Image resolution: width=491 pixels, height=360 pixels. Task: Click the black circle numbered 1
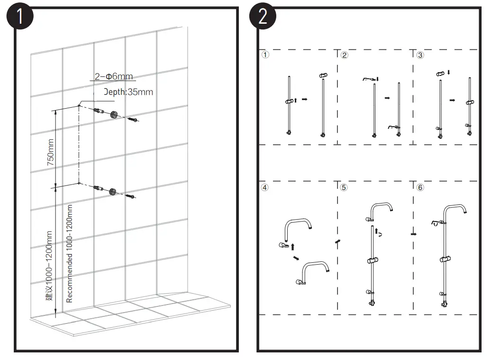click(x=19, y=17)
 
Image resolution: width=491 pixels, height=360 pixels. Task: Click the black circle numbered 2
click(x=263, y=17)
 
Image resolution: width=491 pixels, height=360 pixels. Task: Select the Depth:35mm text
click(x=129, y=92)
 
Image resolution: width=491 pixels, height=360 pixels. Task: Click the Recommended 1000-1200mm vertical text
click(x=70, y=253)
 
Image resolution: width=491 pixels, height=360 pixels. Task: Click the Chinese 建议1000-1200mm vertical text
click(x=49, y=266)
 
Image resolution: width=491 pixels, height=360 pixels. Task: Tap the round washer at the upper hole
click(x=114, y=115)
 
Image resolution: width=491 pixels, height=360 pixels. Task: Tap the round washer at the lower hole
click(x=113, y=191)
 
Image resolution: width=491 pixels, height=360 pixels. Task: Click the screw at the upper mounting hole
click(x=133, y=120)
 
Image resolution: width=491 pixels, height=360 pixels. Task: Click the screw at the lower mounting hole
click(x=131, y=195)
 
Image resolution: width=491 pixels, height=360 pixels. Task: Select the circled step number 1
click(x=265, y=55)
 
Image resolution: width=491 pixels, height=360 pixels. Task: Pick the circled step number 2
click(x=345, y=55)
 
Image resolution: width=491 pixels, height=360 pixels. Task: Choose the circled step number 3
click(x=420, y=55)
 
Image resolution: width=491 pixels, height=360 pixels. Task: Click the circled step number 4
click(x=265, y=187)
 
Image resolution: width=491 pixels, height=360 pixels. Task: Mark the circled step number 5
click(x=344, y=187)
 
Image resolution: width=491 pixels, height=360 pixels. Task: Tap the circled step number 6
click(x=420, y=187)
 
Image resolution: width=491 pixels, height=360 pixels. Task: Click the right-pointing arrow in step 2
click(x=387, y=98)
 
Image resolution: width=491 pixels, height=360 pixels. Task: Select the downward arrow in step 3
click(x=449, y=73)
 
